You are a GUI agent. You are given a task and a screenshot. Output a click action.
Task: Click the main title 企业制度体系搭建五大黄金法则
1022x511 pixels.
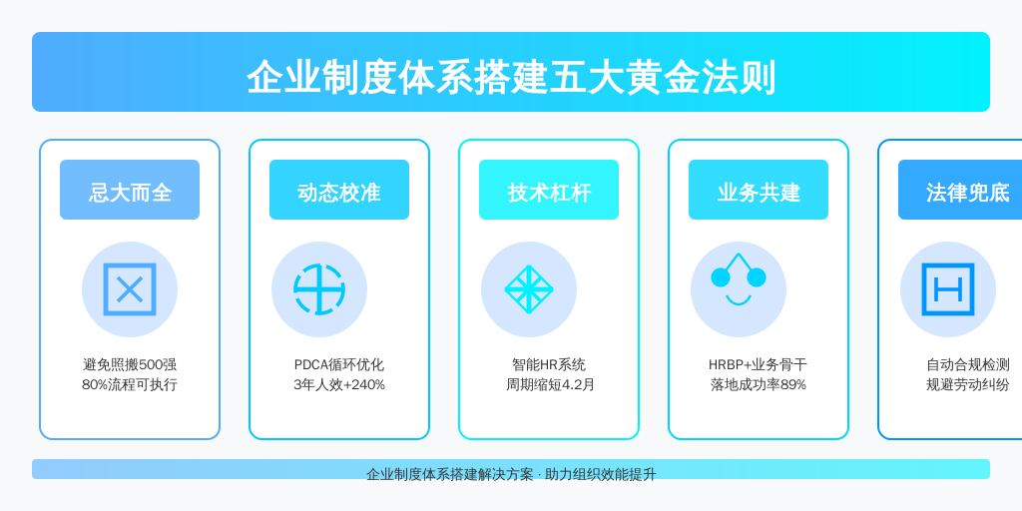coord(511,78)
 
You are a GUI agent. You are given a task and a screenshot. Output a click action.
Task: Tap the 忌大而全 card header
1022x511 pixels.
coord(130,190)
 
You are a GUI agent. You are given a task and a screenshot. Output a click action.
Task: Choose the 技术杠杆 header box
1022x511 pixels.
coord(549,190)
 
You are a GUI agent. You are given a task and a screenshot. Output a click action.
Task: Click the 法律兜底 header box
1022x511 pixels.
coord(960,190)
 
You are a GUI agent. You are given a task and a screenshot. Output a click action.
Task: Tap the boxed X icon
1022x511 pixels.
coord(130,289)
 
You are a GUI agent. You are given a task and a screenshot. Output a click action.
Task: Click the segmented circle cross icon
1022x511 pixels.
coord(319,289)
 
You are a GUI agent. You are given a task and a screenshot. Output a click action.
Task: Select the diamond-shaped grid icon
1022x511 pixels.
coord(529,289)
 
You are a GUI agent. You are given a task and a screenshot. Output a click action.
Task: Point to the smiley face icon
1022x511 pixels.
coord(739,279)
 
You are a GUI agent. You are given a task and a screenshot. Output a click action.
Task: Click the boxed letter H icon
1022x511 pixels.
coord(948,289)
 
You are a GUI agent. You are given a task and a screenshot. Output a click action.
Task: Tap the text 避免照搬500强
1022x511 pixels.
coord(130,365)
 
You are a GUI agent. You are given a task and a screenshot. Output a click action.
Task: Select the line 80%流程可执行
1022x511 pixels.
coord(130,384)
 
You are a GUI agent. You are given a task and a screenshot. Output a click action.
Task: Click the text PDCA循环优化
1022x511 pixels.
coord(339,365)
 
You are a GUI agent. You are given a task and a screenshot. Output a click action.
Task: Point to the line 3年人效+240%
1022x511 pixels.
coord(339,384)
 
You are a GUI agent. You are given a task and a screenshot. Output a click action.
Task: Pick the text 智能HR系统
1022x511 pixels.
coord(549,365)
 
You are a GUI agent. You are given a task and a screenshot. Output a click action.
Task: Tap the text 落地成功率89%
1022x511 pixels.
coord(759,384)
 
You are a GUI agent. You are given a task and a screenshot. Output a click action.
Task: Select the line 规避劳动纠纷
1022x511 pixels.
coord(968,384)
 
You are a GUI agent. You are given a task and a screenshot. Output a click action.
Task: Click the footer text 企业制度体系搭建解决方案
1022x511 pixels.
coord(450,474)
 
